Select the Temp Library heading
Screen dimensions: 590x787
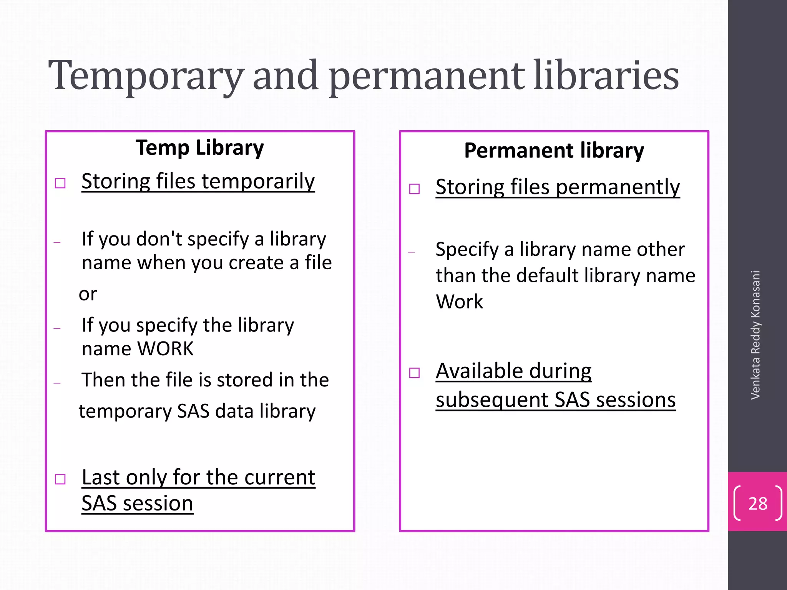(x=200, y=148)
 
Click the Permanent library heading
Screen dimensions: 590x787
(x=554, y=151)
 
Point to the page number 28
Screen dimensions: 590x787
(x=758, y=503)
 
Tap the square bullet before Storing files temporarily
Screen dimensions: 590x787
(x=60, y=183)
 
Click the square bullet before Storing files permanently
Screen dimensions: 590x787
(x=414, y=189)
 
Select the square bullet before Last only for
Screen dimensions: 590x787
(x=60, y=479)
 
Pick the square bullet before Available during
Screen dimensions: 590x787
(x=414, y=373)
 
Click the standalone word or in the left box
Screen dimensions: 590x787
(x=88, y=294)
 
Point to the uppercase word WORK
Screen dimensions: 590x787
(x=165, y=349)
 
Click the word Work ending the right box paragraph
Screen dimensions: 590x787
(x=459, y=302)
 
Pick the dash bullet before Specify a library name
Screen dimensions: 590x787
(x=412, y=253)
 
